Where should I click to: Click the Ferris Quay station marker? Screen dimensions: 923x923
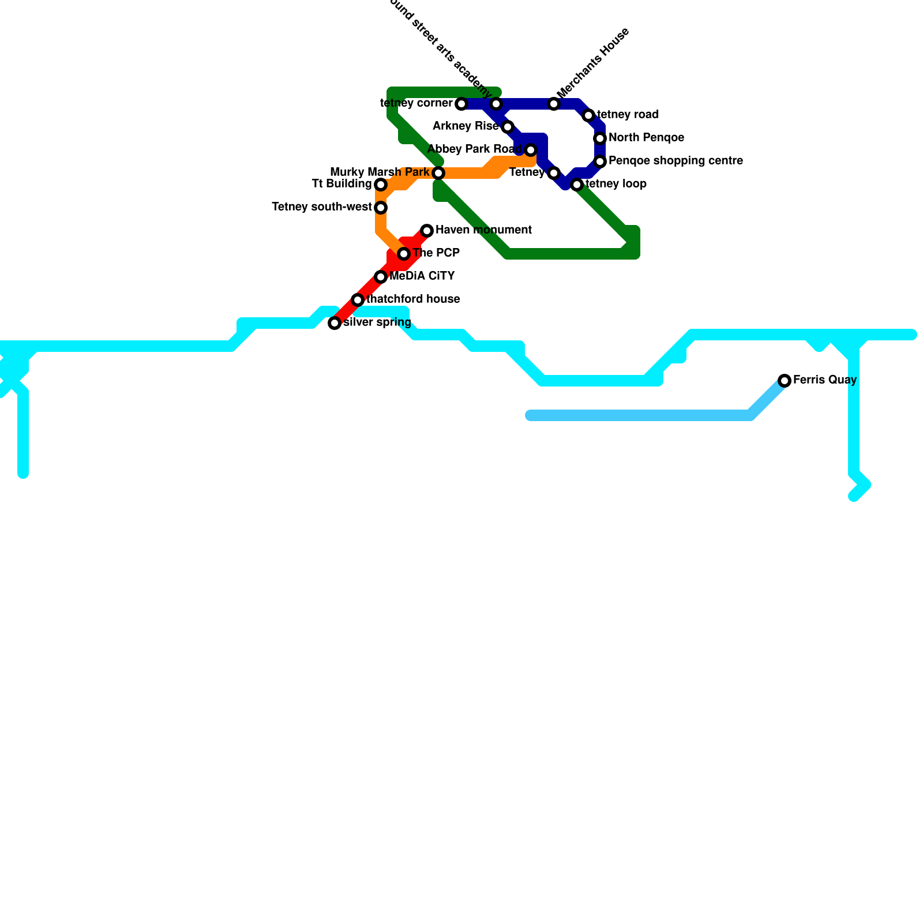tap(785, 381)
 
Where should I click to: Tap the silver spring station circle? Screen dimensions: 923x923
tap(335, 323)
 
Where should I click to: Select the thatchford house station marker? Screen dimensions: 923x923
tap(358, 300)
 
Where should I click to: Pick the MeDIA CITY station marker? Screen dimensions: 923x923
tap(381, 277)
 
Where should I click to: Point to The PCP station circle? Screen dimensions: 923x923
tap(404, 254)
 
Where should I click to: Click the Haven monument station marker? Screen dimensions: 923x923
tap(427, 231)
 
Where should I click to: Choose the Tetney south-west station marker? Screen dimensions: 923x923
tap(381, 208)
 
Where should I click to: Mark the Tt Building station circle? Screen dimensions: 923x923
tap(381, 185)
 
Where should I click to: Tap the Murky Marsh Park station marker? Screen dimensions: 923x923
tap(438, 173)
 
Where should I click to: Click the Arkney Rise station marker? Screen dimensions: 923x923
tap(508, 127)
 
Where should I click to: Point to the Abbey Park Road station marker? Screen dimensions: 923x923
tap(531, 150)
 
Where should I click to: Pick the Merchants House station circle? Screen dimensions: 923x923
tap(554, 104)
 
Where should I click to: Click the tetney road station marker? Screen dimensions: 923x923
tap(588, 115)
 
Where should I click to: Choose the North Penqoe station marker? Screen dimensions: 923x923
tap(600, 138)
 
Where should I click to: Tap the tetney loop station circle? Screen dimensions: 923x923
tap(577, 185)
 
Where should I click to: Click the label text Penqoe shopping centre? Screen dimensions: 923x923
tap(676, 161)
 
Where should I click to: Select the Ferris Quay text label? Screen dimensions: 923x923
tap(825, 380)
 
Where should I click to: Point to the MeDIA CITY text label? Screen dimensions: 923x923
tap(422, 276)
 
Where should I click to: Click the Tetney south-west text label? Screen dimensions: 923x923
tap(321, 207)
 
